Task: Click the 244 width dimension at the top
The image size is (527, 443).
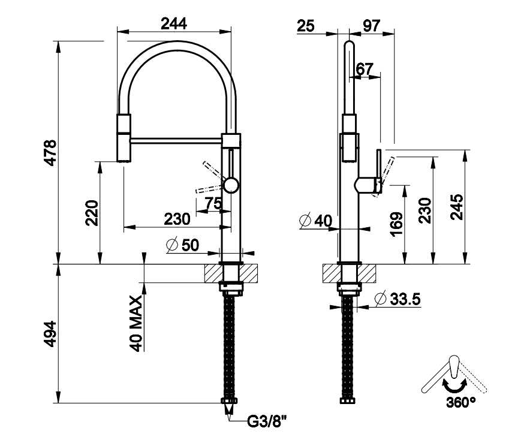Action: tap(174, 23)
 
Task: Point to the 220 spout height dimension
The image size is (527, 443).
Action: tap(92, 213)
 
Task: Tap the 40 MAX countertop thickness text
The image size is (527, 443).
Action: tap(135, 323)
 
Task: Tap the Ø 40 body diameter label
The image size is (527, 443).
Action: tap(315, 221)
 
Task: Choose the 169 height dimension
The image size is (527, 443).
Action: tap(397, 224)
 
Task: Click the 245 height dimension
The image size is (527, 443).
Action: tap(456, 207)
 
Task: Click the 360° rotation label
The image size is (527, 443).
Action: tap(460, 402)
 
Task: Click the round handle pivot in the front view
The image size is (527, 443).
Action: tap(230, 183)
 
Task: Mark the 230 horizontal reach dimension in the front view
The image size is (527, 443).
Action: tap(177, 219)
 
